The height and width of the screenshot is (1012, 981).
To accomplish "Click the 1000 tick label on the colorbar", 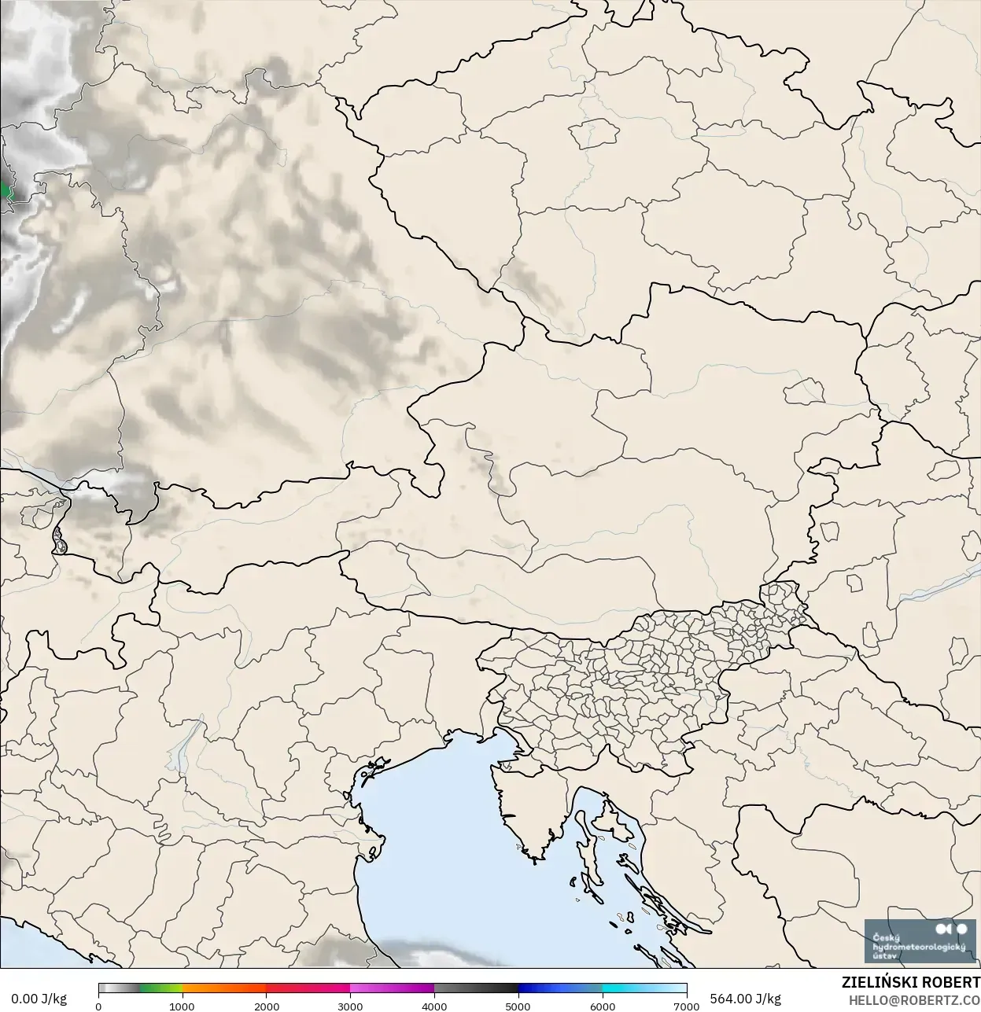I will point(182,1006).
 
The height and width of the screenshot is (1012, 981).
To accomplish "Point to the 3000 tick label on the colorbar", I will point(350,1006).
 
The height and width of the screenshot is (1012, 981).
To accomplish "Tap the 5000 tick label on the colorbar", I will point(518,1006).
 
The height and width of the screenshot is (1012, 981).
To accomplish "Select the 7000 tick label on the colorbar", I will point(686,1006).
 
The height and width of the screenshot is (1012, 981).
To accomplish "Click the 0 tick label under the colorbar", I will point(98,1006).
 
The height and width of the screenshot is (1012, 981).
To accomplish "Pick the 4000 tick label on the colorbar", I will point(434,1006).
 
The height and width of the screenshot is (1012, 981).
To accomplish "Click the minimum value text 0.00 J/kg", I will point(39,999).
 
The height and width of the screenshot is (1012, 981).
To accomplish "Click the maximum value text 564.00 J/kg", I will point(745,999).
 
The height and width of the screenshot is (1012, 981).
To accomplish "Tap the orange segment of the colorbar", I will point(224,988).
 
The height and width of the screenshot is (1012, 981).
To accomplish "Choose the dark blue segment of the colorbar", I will point(543,988).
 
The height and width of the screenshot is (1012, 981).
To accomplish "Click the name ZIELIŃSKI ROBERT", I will point(910,983).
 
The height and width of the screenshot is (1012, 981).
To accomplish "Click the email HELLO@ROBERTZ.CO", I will point(914,999).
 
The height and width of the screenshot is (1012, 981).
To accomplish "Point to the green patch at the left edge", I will point(4,191).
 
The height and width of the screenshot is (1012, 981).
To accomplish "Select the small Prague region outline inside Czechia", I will point(596,134).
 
